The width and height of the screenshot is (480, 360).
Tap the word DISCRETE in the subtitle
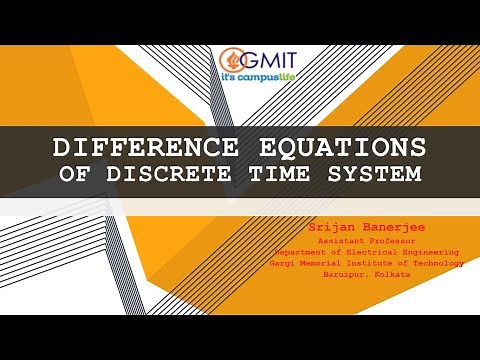pos(191,173)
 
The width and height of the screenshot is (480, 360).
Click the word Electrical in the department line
pos(370,252)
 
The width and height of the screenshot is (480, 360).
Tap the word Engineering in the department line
pos(431,252)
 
